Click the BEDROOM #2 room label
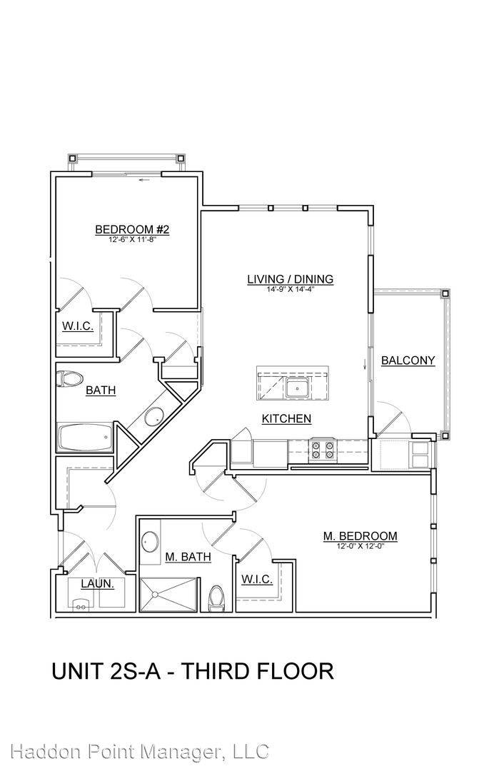[132, 229]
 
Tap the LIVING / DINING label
[290, 279]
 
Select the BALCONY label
[408, 361]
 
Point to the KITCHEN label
[286, 418]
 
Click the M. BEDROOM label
[360, 536]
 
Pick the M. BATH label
[188, 557]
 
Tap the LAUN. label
[97, 584]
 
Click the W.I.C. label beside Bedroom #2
[78, 326]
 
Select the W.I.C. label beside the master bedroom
[256, 579]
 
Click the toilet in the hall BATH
[69, 379]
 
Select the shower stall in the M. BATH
[169, 595]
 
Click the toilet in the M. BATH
[216, 599]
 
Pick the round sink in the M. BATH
[150, 542]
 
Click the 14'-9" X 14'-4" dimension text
[290, 290]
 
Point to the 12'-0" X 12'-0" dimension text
[360, 546]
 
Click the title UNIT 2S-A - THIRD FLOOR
[193, 671]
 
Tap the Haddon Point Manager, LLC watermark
[140, 751]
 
